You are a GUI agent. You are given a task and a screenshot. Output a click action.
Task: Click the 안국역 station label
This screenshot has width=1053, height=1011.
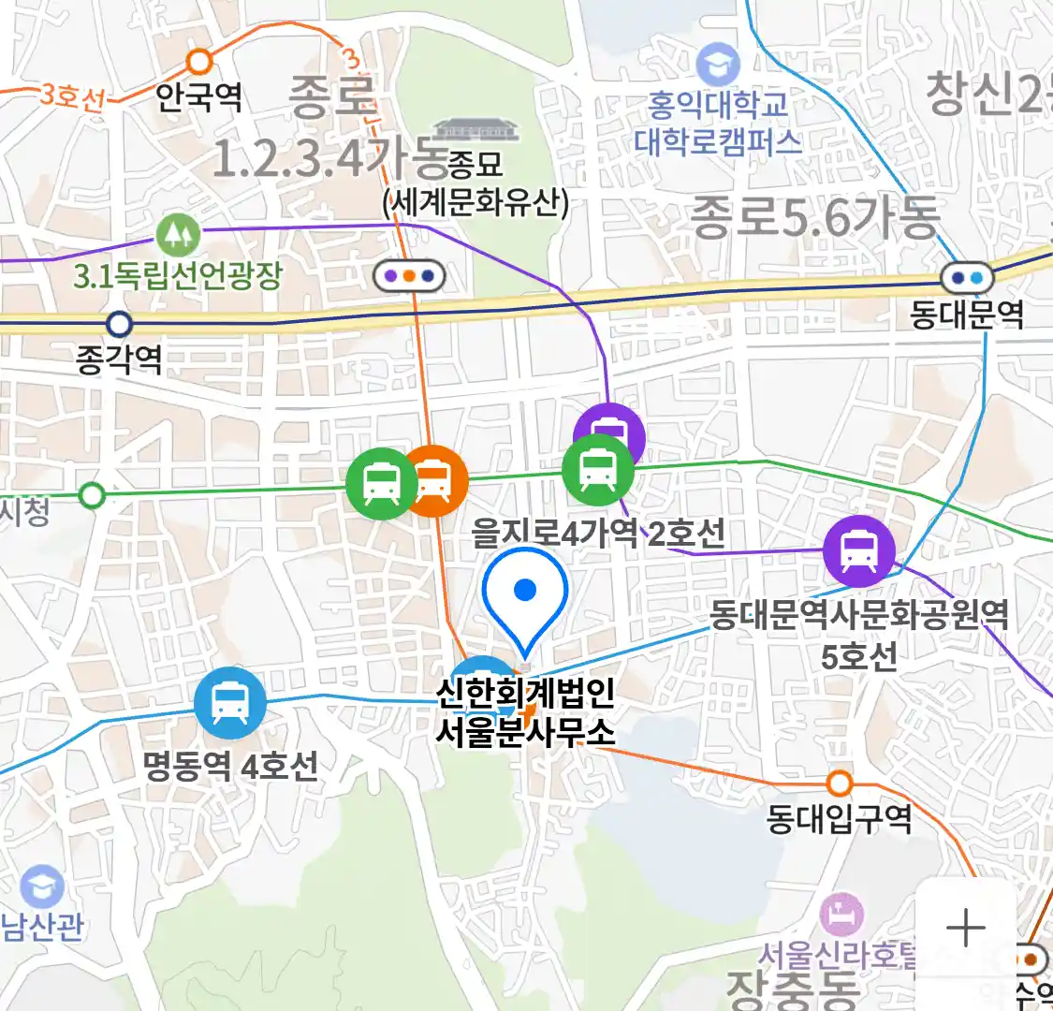point(198,95)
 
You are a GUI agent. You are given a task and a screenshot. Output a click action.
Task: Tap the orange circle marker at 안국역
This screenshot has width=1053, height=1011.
point(199,62)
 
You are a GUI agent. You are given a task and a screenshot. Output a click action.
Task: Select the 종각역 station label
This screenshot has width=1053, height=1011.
point(119,359)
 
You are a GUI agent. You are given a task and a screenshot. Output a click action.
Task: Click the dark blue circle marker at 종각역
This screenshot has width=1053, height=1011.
point(119,325)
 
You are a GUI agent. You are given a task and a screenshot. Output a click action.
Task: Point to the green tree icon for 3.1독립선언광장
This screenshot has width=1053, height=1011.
point(178,234)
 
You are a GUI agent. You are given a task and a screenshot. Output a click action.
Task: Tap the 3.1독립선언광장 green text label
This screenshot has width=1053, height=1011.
point(178,275)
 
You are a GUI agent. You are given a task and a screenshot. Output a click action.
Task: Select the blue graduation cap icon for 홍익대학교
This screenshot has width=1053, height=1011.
point(719,66)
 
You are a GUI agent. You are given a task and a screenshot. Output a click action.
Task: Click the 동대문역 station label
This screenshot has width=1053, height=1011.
point(967,314)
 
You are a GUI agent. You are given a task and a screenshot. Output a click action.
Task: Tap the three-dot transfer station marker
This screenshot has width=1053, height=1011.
point(409,276)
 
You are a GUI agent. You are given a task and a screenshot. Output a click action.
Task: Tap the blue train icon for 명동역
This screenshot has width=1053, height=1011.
point(230,703)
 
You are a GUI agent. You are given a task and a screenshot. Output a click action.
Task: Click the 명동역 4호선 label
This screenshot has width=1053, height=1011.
point(230,766)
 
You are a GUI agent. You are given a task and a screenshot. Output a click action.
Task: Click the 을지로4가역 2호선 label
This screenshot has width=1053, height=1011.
point(597,534)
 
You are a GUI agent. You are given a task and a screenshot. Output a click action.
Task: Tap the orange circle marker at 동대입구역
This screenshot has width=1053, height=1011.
point(840,783)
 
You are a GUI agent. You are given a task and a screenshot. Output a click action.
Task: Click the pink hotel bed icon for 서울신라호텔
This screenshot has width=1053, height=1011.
point(841,914)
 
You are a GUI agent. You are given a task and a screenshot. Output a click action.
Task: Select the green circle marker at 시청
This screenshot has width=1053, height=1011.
point(92,494)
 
